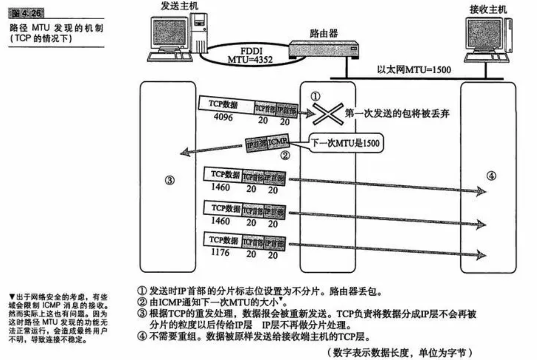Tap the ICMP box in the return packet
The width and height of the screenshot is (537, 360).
pos(278,142)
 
